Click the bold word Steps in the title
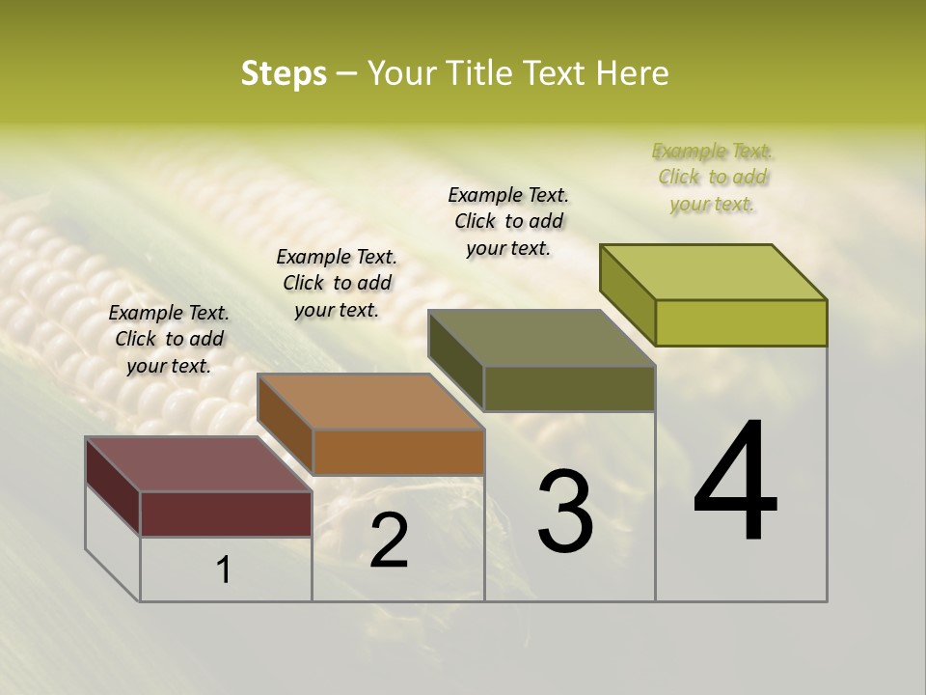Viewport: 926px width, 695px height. pyautogui.click(x=283, y=73)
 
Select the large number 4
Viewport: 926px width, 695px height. pyautogui.click(x=735, y=483)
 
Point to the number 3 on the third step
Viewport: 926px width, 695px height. pyautogui.click(x=564, y=512)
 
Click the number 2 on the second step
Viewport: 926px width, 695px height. pyautogui.click(x=389, y=541)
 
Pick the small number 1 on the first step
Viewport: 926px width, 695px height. pyautogui.click(x=224, y=570)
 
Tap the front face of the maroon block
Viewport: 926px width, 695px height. pyautogui.click(x=226, y=514)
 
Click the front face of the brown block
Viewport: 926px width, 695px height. pyautogui.click(x=398, y=452)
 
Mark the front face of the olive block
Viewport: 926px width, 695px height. pyautogui.click(x=569, y=388)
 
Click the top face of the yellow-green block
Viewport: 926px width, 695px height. pyautogui.click(x=714, y=272)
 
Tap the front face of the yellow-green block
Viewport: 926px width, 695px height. pyautogui.click(x=741, y=322)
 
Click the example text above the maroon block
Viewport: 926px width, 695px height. pyautogui.click(x=169, y=339)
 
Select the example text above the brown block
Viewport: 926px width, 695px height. pyautogui.click(x=337, y=283)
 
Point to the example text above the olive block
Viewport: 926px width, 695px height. pyautogui.click(x=508, y=221)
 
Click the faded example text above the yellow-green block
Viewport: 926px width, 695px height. pyautogui.click(x=712, y=177)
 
